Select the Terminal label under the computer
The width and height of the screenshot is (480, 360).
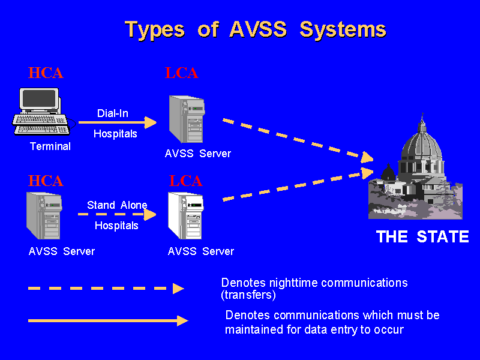(50, 146)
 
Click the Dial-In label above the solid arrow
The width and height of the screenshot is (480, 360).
(113, 113)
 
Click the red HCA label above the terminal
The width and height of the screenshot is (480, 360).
(46, 73)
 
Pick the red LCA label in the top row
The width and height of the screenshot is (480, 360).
(181, 73)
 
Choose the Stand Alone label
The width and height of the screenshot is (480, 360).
(117, 205)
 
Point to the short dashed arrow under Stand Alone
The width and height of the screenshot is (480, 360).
(117, 214)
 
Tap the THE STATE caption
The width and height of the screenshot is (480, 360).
(422, 237)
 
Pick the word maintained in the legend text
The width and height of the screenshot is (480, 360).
(253, 329)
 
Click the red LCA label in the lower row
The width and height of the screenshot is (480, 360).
(185, 181)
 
